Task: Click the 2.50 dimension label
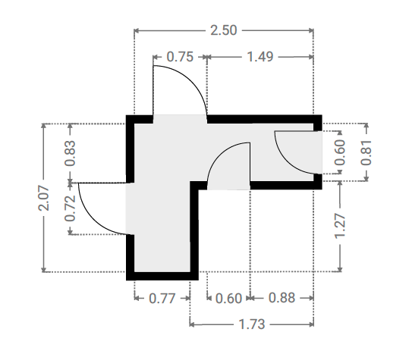pyautogui.click(x=224, y=30)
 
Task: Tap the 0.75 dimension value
pyautogui.click(x=180, y=57)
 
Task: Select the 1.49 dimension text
pyautogui.click(x=260, y=57)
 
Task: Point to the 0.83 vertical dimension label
pyautogui.click(x=70, y=153)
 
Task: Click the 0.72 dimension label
pyautogui.click(x=70, y=208)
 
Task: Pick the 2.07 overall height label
pyautogui.click(x=43, y=198)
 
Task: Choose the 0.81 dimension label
pyautogui.click(x=366, y=152)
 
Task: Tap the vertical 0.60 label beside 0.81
pyautogui.click(x=340, y=152)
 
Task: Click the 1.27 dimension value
pyautogui.click(x=340, y=226)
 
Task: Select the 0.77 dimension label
pyautogui.click(x=162, y=299)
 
